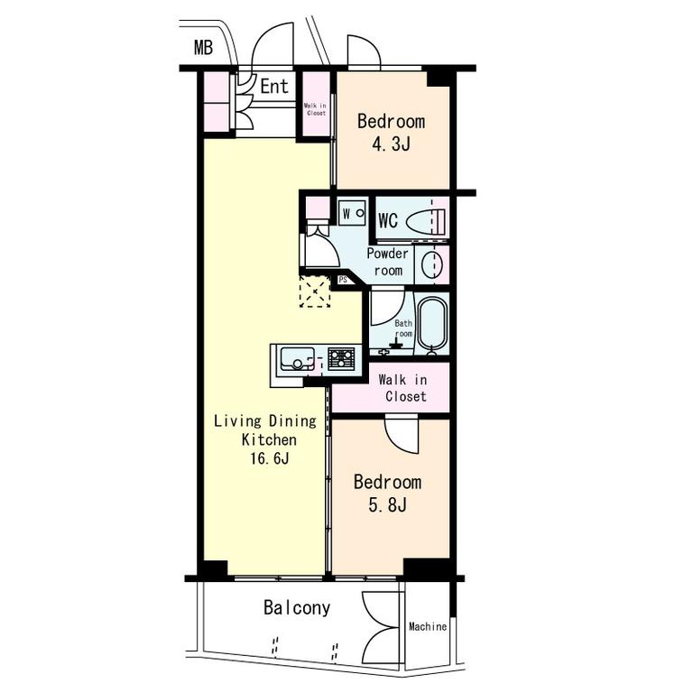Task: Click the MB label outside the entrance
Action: pyautogui.click(x=203, y=47)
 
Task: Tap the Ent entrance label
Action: pyautogui.click(x=274, y=87)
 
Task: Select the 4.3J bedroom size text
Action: pyautogui.click(x=391, y=144)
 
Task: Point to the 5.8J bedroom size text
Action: pyautogui.click(x=387, y=504)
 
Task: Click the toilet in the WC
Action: pyautogui.click(x=426, y=220)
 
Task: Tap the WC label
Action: pyautogui.click(x=388, y=220)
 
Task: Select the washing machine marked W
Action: pyautogui.click(x=352, y=213)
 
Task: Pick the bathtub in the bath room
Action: pyautogui.click(x=433, y=324)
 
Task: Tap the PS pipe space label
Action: pyautogui.click(x=343, y=280)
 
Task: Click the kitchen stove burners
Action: pyautogui.click(x=341, y=358)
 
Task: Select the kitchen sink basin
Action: pyautogui.click(x=298, y=359)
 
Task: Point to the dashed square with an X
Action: pyautogui.click(x=315, y=291)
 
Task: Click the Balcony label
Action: pyautogui.click(x=297, y=607)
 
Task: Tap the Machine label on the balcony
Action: pyautogui.click(x=428, y=627)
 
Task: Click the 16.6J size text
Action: pyautogui.click(x=270, y=458)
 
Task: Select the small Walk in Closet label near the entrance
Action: pyautogui.click(x=315, y=109)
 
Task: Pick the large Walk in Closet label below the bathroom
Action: pyautogui.click(x=403, y=388)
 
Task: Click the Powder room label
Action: pyautogui.click(x=388, y=262)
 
